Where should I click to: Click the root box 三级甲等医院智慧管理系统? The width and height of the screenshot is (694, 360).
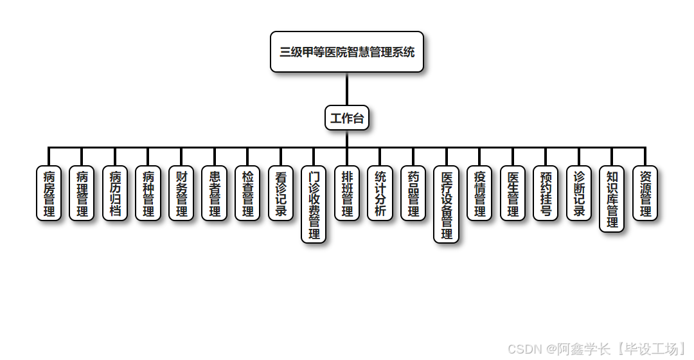point(347,52)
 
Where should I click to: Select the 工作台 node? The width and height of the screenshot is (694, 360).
point(347,118)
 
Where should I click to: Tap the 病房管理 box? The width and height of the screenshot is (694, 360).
point(49,193)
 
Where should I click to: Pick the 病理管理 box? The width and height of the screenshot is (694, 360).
point(82,193)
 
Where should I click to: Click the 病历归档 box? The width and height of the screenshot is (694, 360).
point(115,193)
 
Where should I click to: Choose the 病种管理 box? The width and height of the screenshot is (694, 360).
point(148,193)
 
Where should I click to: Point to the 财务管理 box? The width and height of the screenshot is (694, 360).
point(181,193)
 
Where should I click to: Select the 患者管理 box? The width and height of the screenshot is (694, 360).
point(215,193)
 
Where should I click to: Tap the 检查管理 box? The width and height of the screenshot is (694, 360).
point(247,193)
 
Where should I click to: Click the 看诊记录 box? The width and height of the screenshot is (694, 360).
point(281,193)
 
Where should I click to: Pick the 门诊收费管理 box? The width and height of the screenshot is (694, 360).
point(314,204)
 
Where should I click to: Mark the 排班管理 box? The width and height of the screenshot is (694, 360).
point(347,193)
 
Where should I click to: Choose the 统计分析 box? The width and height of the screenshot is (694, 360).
point(380,193)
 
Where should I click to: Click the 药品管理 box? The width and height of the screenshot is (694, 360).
point(413,193)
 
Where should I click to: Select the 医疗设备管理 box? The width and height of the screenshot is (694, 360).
point(447,204)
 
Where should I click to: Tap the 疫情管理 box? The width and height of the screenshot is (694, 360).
point(479,193)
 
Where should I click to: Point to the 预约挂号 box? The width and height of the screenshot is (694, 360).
point(546,193)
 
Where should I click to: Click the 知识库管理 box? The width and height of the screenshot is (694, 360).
point(612,199)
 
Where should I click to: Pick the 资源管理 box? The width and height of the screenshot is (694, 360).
point(645,193)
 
